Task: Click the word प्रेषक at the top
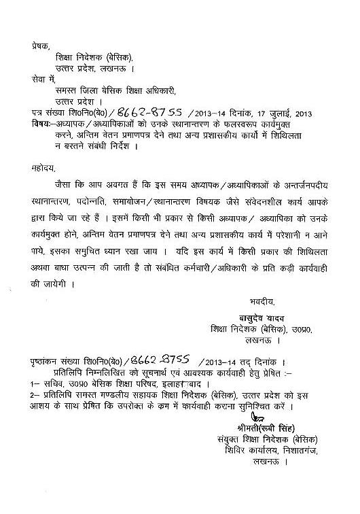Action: pos(40,46)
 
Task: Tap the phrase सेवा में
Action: pos(41,80)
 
